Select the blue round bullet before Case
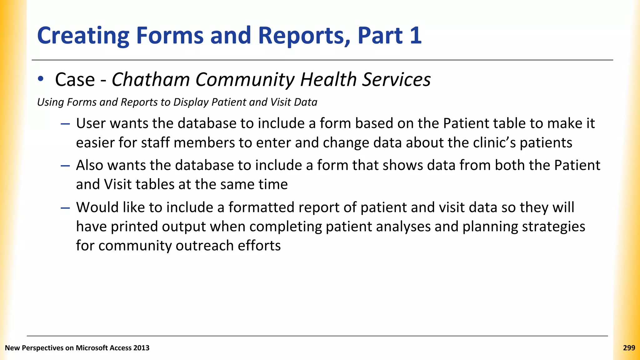click(x=41, y=79)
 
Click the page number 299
click(x=629, y=348)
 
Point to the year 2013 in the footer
click(x=141, y=348)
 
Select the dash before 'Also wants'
click(x=65, y=166)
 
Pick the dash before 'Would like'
click(x=65, y=208)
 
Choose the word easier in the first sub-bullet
click(x=95, y=142)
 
